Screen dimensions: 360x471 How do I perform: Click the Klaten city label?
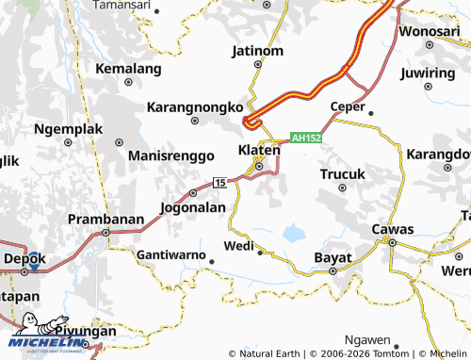pos(259,150)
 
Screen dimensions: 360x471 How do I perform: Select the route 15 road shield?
pos(219,182)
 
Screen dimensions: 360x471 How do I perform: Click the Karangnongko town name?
pos(196,107)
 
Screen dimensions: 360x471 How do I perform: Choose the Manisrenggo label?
pos(165,155)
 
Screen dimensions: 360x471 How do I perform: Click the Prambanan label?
pos(106,219)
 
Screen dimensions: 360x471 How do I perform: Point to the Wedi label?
pos(238,246)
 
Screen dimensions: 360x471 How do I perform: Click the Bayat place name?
pos(333,256)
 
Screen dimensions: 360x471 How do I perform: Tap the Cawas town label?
pos(393,229)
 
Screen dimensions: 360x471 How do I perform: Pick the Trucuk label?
pos(342,174)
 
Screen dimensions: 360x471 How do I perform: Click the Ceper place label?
pos(348,106)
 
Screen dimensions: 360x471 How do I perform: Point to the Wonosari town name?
pos(429,31)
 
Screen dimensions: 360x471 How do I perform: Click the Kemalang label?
pos(130,68)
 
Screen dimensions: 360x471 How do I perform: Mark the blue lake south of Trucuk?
pos(294,231)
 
